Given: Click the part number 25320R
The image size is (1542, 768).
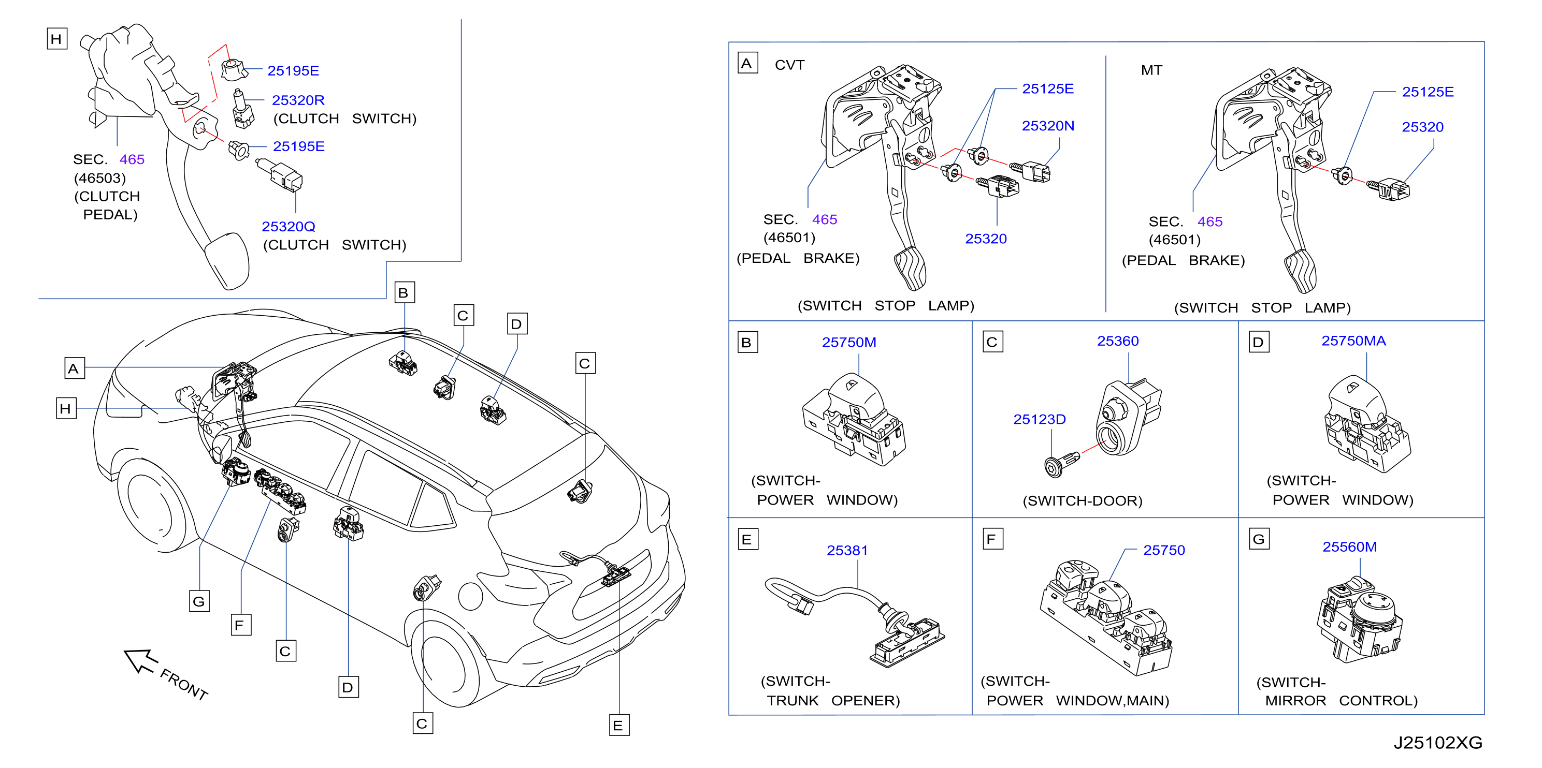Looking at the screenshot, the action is [298, 100].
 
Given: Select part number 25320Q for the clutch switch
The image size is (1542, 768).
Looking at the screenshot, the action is [289, 227].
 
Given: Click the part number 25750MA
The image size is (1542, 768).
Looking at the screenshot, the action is [1353, 341].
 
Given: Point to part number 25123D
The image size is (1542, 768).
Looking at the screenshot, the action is [1039, 419].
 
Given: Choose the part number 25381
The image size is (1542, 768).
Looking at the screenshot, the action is [847, 550].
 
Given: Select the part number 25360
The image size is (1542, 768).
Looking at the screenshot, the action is [1118, 341].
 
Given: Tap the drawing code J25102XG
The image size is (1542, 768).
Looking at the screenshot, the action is [1438, 743].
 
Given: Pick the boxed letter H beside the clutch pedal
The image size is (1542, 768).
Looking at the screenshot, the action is [57, 39].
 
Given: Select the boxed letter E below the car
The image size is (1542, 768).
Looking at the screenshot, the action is [618, 726].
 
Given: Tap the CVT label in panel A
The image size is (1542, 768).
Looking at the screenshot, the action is [789, 65].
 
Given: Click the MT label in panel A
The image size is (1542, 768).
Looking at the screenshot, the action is [1151, 70].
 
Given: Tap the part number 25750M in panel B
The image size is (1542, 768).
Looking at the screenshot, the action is [849, 342].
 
